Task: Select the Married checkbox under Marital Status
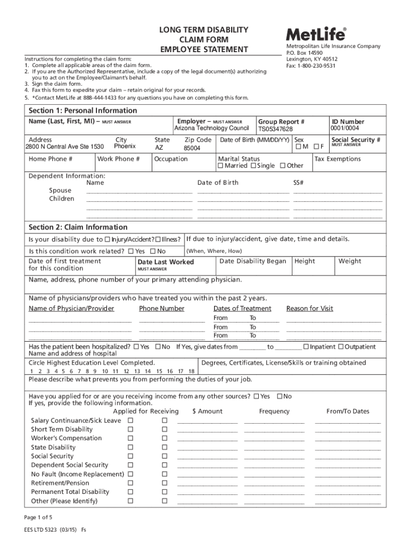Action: [x=220, y=166]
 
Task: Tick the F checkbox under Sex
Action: [x=316, y=147]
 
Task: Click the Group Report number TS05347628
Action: [x=275, y=129]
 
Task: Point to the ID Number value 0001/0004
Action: [x=345, y=128]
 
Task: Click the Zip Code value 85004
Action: [x=192, y=148]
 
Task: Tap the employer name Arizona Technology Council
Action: [x=211, y=128]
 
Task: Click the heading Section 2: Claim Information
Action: [x=78, y=227]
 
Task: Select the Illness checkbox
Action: [x=158, y=240]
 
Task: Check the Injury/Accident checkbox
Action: [x=108, y=240]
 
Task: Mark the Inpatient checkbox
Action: [x=306, y=346]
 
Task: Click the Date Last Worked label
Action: [x=166, y=262]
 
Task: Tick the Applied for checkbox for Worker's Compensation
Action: [x=130, y=438]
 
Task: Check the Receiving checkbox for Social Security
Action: [x=165, y=456]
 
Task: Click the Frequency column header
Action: [x=274, y=411]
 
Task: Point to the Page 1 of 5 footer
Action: [x=38, y=517]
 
